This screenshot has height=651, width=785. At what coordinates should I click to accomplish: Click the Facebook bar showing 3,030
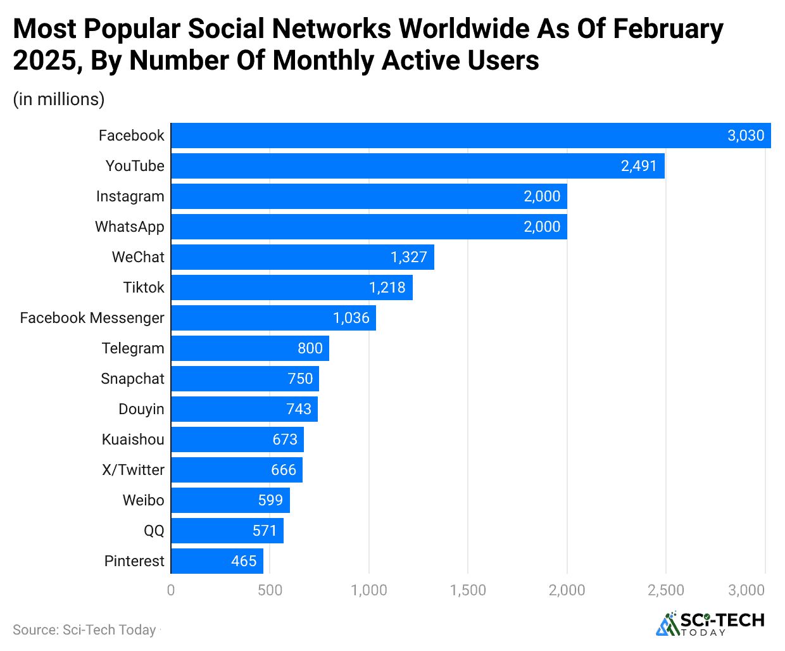[470, 136]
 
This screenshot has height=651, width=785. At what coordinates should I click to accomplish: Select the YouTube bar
[418, 166]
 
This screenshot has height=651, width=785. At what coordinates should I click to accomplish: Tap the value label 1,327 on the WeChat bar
[409, 257]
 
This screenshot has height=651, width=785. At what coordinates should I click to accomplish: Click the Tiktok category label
[144, 288]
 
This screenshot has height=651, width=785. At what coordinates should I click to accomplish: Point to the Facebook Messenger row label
[92, 318]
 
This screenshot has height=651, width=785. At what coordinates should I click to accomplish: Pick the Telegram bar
[250, 348]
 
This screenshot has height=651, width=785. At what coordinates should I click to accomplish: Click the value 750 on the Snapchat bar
[300, 379]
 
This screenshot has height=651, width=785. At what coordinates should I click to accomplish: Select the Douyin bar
[244, 409]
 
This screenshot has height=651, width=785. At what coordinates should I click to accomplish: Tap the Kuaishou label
[133, 439]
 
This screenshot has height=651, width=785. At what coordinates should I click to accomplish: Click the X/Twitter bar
[237, 470]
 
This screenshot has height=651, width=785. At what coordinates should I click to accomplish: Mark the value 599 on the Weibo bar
[270, 500]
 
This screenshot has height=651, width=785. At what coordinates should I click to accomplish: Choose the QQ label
[154, 531]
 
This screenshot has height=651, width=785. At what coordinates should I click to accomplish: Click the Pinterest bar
[217, 561]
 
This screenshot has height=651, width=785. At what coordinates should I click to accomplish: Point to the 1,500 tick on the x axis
[468, 590]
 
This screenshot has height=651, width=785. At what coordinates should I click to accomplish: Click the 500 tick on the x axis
[270, 590]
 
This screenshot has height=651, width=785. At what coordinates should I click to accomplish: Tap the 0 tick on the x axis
[171, 590]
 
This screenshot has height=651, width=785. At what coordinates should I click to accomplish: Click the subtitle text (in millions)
[59, 99]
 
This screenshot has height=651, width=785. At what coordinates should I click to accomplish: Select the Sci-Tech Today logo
[710, 624]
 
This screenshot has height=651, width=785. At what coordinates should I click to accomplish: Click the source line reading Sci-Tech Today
[84, 630]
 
